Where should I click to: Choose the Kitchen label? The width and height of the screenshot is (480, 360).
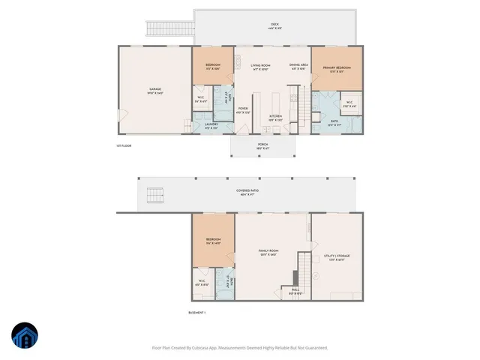(276, 117)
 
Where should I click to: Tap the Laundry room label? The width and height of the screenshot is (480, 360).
(211, 125)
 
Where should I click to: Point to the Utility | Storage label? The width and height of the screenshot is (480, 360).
(337, 256)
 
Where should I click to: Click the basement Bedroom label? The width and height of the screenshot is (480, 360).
(213, 241)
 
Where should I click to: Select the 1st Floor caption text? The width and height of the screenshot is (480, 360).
(124, 145)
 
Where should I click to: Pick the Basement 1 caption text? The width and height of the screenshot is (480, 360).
(196, 312)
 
